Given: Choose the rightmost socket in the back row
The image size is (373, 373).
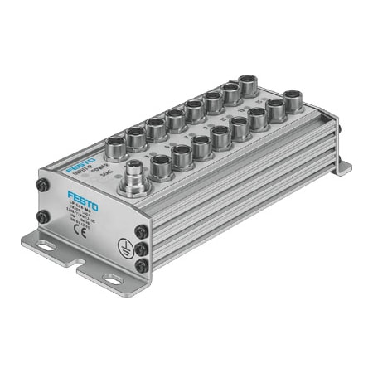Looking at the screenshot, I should (x=247, y=85).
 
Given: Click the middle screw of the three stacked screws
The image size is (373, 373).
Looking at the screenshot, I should (x=144, y=249).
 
